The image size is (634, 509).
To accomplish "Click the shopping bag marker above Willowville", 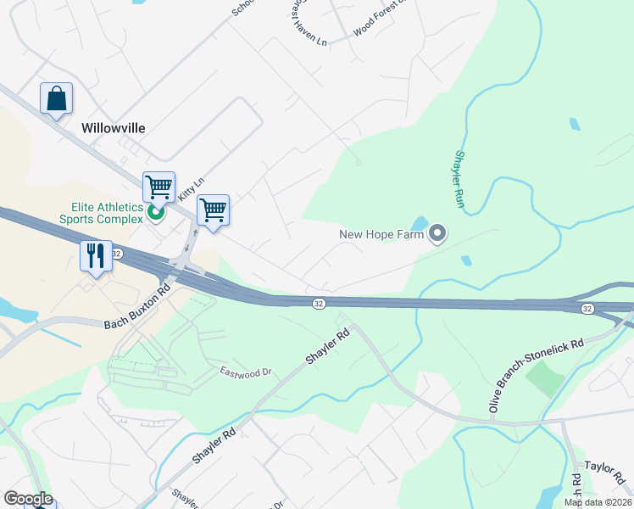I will click(x=56, y=98).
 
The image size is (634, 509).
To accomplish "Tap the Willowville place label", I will click(x=114, y=128).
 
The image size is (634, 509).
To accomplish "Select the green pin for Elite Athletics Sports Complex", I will click(x=156, y=212).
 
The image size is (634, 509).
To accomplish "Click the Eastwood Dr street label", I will click(x=245, y=372).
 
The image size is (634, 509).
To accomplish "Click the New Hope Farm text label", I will click(x=381, y=234).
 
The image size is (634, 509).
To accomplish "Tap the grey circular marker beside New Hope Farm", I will click(x=437, y=232).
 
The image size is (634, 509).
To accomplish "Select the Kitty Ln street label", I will click(x=191, y=188).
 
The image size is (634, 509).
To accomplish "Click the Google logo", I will click(x=28, y=499).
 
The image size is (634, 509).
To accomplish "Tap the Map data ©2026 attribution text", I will click(x=598, y=502).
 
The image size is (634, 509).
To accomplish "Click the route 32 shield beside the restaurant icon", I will click(x=117, y=254).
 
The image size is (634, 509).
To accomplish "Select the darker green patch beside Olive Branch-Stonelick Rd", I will click(x=545, y=378).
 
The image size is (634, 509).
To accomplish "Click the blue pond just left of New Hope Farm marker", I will click(x=420, y=223).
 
